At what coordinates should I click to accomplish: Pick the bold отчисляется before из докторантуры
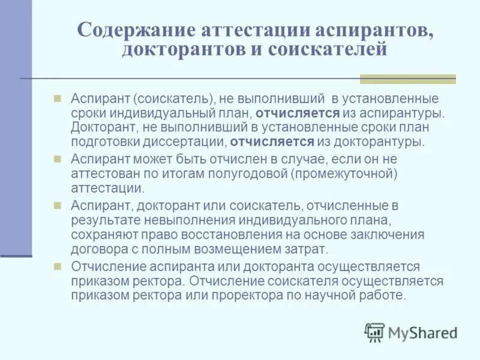[272, 142]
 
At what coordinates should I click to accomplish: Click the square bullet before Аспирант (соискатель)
[58, 97]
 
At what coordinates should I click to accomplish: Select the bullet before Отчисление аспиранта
[58, 266]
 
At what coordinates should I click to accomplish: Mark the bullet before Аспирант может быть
[58, 158]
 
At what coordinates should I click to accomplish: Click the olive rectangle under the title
[407, 79]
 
